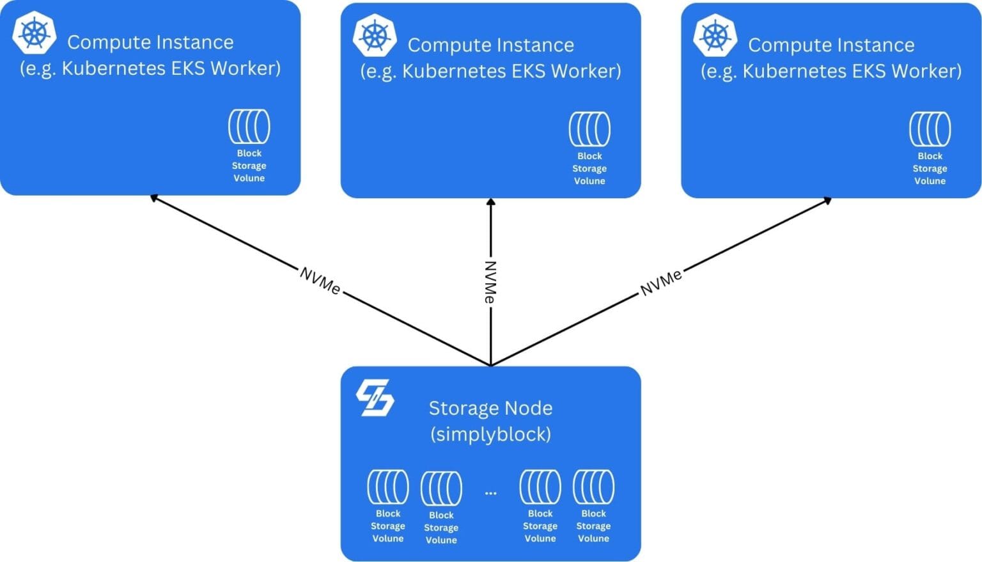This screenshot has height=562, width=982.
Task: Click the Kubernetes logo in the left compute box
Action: pyautogui.click(x=35, y=33)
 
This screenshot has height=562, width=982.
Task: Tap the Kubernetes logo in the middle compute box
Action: pyautogui.click(x=375, y=36)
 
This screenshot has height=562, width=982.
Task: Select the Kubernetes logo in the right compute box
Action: pyautogui.click(x=715, y=36)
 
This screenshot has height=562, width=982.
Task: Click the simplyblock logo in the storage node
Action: pyautogui.click(x=375, y=398)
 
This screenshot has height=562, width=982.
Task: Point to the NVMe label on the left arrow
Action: pyautogui.click(x=320, y=281)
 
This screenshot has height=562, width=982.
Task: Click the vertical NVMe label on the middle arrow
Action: pyautogui.click(x=490, y=282)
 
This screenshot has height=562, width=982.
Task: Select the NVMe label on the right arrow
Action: pyautogui.click(x=661, y=282)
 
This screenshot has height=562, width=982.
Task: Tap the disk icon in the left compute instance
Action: pyautogui.click(x=249, y=127)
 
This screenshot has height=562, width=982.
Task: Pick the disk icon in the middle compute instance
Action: pyautogui.click(x=589, y=129)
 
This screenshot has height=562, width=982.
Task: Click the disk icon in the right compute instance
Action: pyautogui.click(x=930, y=129)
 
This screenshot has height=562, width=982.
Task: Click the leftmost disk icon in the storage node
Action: pyautogui.click(x=388, y=487)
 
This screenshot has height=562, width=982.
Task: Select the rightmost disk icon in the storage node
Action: pyautogui.click(x=593, y=487)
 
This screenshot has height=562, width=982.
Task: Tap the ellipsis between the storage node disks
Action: pyautogui.click(x=490, y=493)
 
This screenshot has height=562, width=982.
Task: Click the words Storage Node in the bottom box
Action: pyautogui.click(x=490, y=408)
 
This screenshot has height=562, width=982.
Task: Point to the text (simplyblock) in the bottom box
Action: pyautogui.click(x=490, y=434)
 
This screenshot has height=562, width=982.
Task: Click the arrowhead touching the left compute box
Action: pyautogui.click(x=154, y=198)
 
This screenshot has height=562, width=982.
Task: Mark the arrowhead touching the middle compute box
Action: pyautogui.click(x=490, y=202)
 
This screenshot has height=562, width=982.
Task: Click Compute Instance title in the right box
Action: pyautogui.click(x=831, y=45)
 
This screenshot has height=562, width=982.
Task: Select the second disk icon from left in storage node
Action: pyautogui.click(x=441, y=488)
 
